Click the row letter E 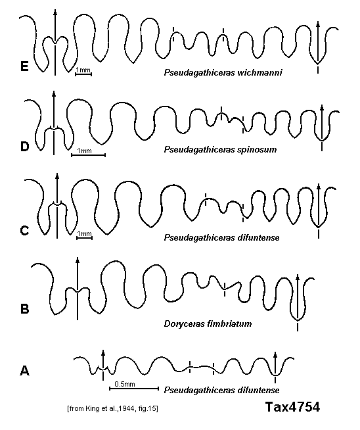pyautogui.click(x=24, y=66)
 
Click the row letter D pyautogui.click(x=24, y=147)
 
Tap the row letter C pyautogui.click(x=24, y=230)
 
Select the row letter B pyautogui.click(x=25, y=309)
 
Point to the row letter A pyautogui.click(x=25, y=371)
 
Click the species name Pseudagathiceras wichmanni pyautogui.click(x=223, y=73)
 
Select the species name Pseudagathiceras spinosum pyautogui.click(x=220, y=150)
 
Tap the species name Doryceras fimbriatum pyautogui.click(x=208, y=323)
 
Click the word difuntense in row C pyautogui.click(x=258, y=237)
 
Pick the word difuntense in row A pyautogui.click(x=258, y=390)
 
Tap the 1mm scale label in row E pyautogui.click(x=83, y=70)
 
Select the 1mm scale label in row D pyautogui.click(x=84, y=151)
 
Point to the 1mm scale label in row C pyautogui.click(x=84, y=233)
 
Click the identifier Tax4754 pyautogui.click(x=292, y=407)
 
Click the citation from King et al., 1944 pyautogui.click(x=112, y=408)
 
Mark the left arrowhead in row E pyautogui.click(x=55, y=12)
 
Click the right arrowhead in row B pyautogui.click(x=298, y=276)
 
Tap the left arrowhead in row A pyautogui.click(x=103, y=352)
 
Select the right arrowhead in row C pyautogui.click(x=319, y=186)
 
